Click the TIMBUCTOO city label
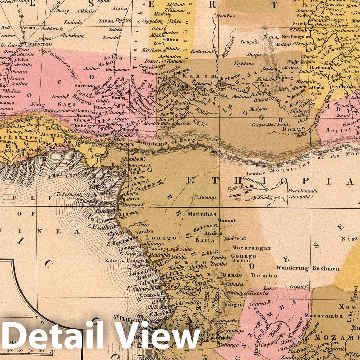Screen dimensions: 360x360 click(x=36, y=44)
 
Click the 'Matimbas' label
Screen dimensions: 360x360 click(x=202, y=214)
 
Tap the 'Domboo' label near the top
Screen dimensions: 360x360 click(x=226, y=16)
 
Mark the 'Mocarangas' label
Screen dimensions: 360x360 click(x=251, y=248)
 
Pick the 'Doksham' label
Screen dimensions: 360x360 click(x=73, y=36)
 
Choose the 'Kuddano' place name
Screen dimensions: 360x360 click(x=244, y=64)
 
